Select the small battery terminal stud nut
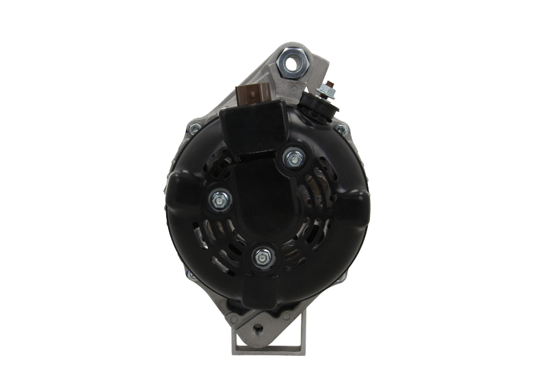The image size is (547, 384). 330,87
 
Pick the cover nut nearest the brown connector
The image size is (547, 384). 294,158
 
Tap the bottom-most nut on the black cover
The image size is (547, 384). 261,257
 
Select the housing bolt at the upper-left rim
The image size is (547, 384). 195,127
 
